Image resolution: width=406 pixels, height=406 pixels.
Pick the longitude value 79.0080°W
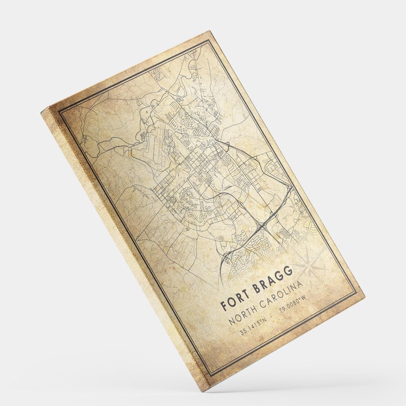pos(292,306)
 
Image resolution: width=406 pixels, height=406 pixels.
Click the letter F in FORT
pos(224,306)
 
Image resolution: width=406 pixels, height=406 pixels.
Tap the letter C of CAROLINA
pos(261,304)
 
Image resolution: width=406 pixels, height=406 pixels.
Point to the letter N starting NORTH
pos(232,320)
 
